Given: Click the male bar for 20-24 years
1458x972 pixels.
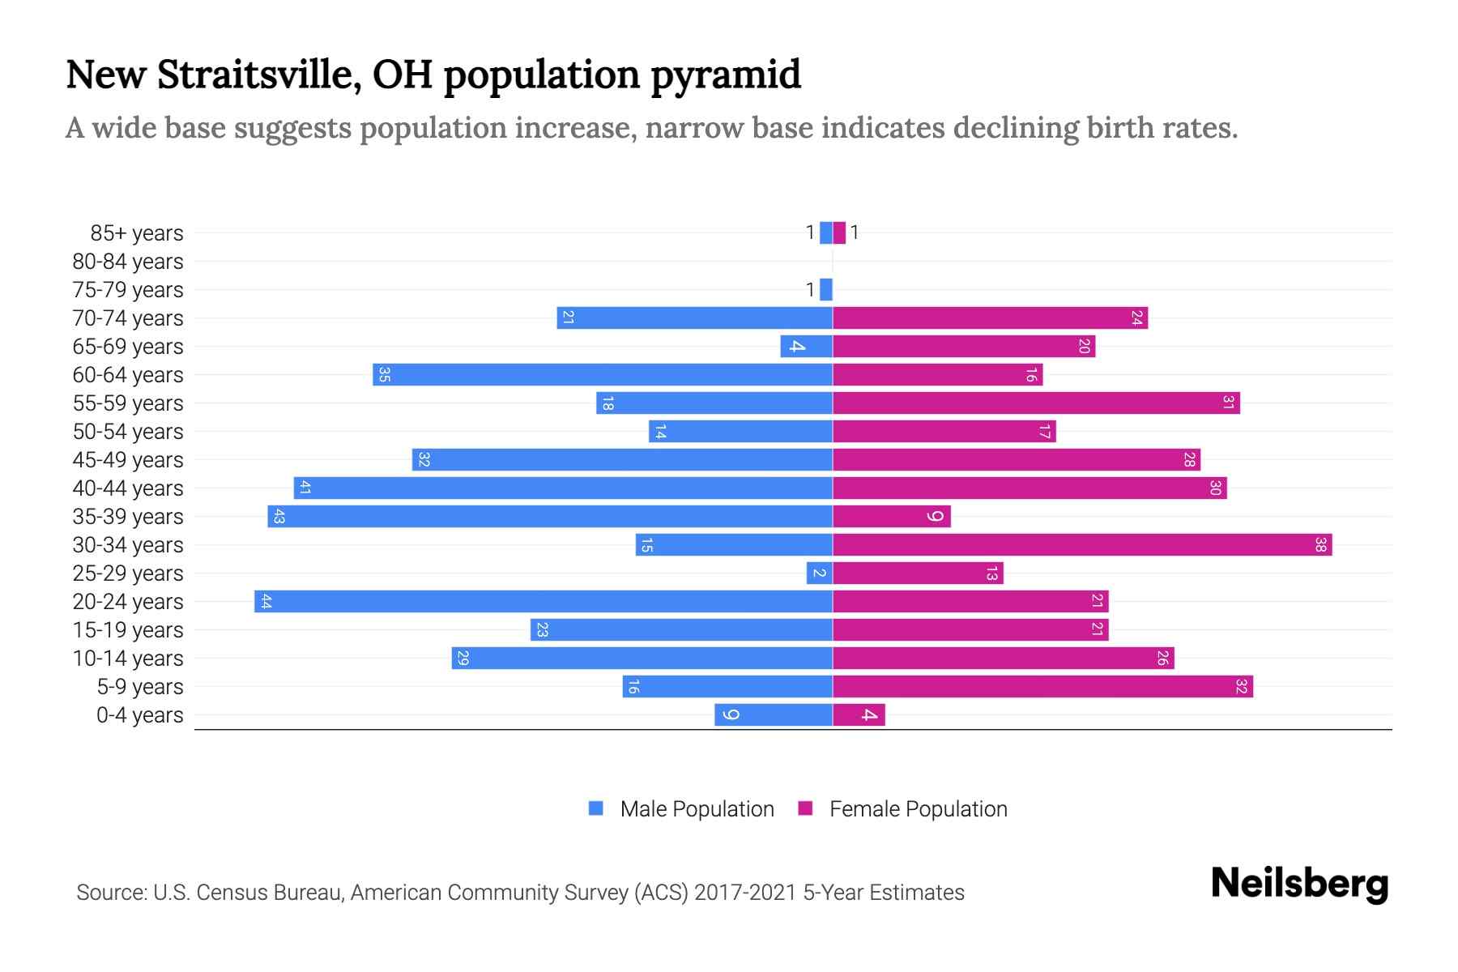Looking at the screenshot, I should (543, 601).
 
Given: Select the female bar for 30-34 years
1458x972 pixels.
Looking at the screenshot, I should (1081, 544).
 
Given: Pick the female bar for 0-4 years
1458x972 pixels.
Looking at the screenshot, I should (859, 714).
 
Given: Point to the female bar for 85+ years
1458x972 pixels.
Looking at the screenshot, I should (839, 232).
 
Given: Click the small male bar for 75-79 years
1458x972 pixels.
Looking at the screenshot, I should (826, 289).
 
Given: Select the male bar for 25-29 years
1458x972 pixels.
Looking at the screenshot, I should (819, 573).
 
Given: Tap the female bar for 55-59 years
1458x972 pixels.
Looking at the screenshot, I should (1035, 403).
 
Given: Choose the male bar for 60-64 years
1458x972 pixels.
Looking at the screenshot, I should (602, 374).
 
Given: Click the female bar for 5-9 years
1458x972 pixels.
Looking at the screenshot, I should (1042, 686).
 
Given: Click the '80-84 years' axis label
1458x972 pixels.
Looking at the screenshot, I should (128, 261).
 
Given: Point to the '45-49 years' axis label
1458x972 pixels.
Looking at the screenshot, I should (128, 459).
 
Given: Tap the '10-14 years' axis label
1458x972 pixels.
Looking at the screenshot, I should (128, 658).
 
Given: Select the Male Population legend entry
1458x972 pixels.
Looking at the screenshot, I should (696, 808).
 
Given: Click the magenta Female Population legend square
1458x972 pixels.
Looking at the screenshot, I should (805, 808).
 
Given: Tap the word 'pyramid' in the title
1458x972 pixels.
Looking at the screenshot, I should (726, 75).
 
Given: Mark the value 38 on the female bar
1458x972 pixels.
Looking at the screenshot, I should (1320, 544).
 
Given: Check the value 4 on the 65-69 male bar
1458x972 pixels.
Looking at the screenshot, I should (797, 346).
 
